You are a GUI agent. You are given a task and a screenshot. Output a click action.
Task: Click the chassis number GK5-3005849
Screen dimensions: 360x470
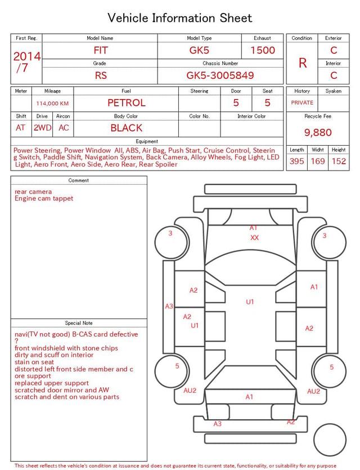(220, 75)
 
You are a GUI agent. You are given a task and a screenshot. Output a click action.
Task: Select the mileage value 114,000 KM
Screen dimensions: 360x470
(52, 104)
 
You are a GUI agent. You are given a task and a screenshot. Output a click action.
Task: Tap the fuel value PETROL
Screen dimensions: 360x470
(127, 103)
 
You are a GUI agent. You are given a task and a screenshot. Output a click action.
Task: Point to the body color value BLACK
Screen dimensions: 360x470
(127, 128)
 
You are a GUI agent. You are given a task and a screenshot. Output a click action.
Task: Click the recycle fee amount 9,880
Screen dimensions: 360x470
(318, 132)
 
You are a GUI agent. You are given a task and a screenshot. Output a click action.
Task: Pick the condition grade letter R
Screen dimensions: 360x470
(303, 63)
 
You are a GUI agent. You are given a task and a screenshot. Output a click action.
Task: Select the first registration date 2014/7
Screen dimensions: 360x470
(26, 62)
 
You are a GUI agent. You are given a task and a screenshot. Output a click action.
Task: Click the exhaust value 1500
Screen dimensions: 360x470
(263, 50)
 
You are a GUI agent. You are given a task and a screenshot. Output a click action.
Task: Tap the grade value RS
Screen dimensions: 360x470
(101, 75)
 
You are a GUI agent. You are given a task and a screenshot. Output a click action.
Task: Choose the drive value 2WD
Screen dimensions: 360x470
(42, 128)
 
